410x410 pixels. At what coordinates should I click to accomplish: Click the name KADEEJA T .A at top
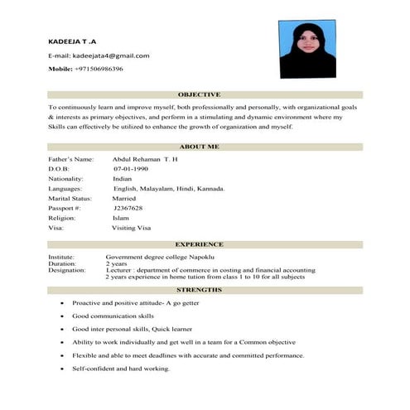click(72, 40)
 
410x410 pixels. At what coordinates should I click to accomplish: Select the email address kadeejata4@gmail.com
click(111, 55)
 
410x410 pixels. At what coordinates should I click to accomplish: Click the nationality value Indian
click(123, 178)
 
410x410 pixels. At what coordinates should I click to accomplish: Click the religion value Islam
click(121, 218)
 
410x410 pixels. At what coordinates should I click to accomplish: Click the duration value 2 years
click(117, 263)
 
